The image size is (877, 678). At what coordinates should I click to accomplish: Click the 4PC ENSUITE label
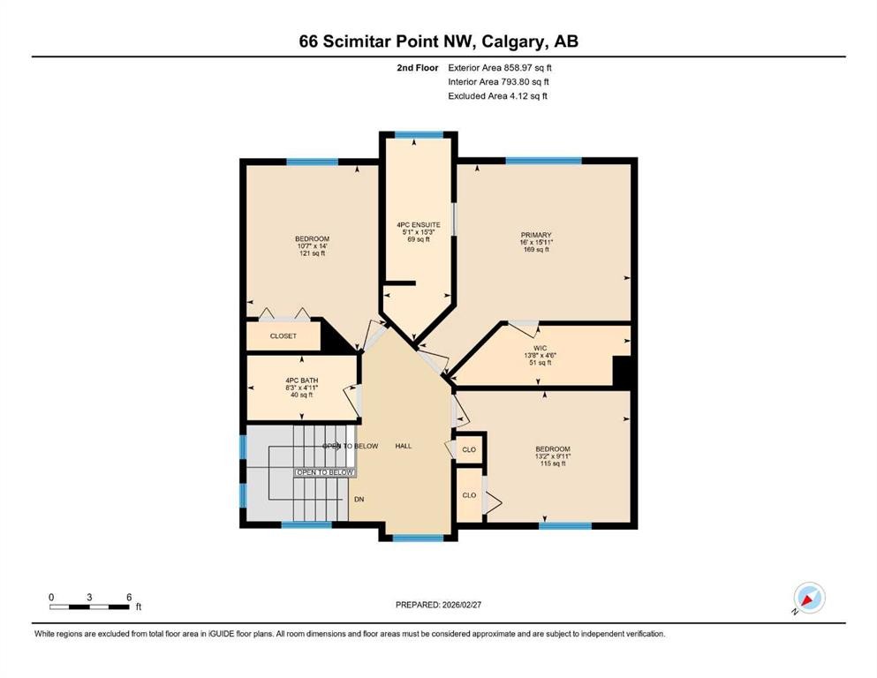418,225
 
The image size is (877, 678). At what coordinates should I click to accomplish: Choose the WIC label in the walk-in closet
541,348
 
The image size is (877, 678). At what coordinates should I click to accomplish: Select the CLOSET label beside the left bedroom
283,336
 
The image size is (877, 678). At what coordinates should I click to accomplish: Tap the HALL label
403,446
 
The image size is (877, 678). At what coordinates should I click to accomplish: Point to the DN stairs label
359,500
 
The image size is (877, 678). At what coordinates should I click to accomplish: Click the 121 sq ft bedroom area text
312,253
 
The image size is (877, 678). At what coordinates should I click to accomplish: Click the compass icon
808,598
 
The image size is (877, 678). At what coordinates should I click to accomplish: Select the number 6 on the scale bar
129,597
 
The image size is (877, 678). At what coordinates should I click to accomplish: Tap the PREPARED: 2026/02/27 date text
439,605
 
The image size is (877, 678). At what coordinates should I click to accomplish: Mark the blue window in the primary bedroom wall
543,162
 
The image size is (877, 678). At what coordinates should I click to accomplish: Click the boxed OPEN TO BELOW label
325,473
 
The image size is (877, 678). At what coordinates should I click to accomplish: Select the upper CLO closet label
469,450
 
